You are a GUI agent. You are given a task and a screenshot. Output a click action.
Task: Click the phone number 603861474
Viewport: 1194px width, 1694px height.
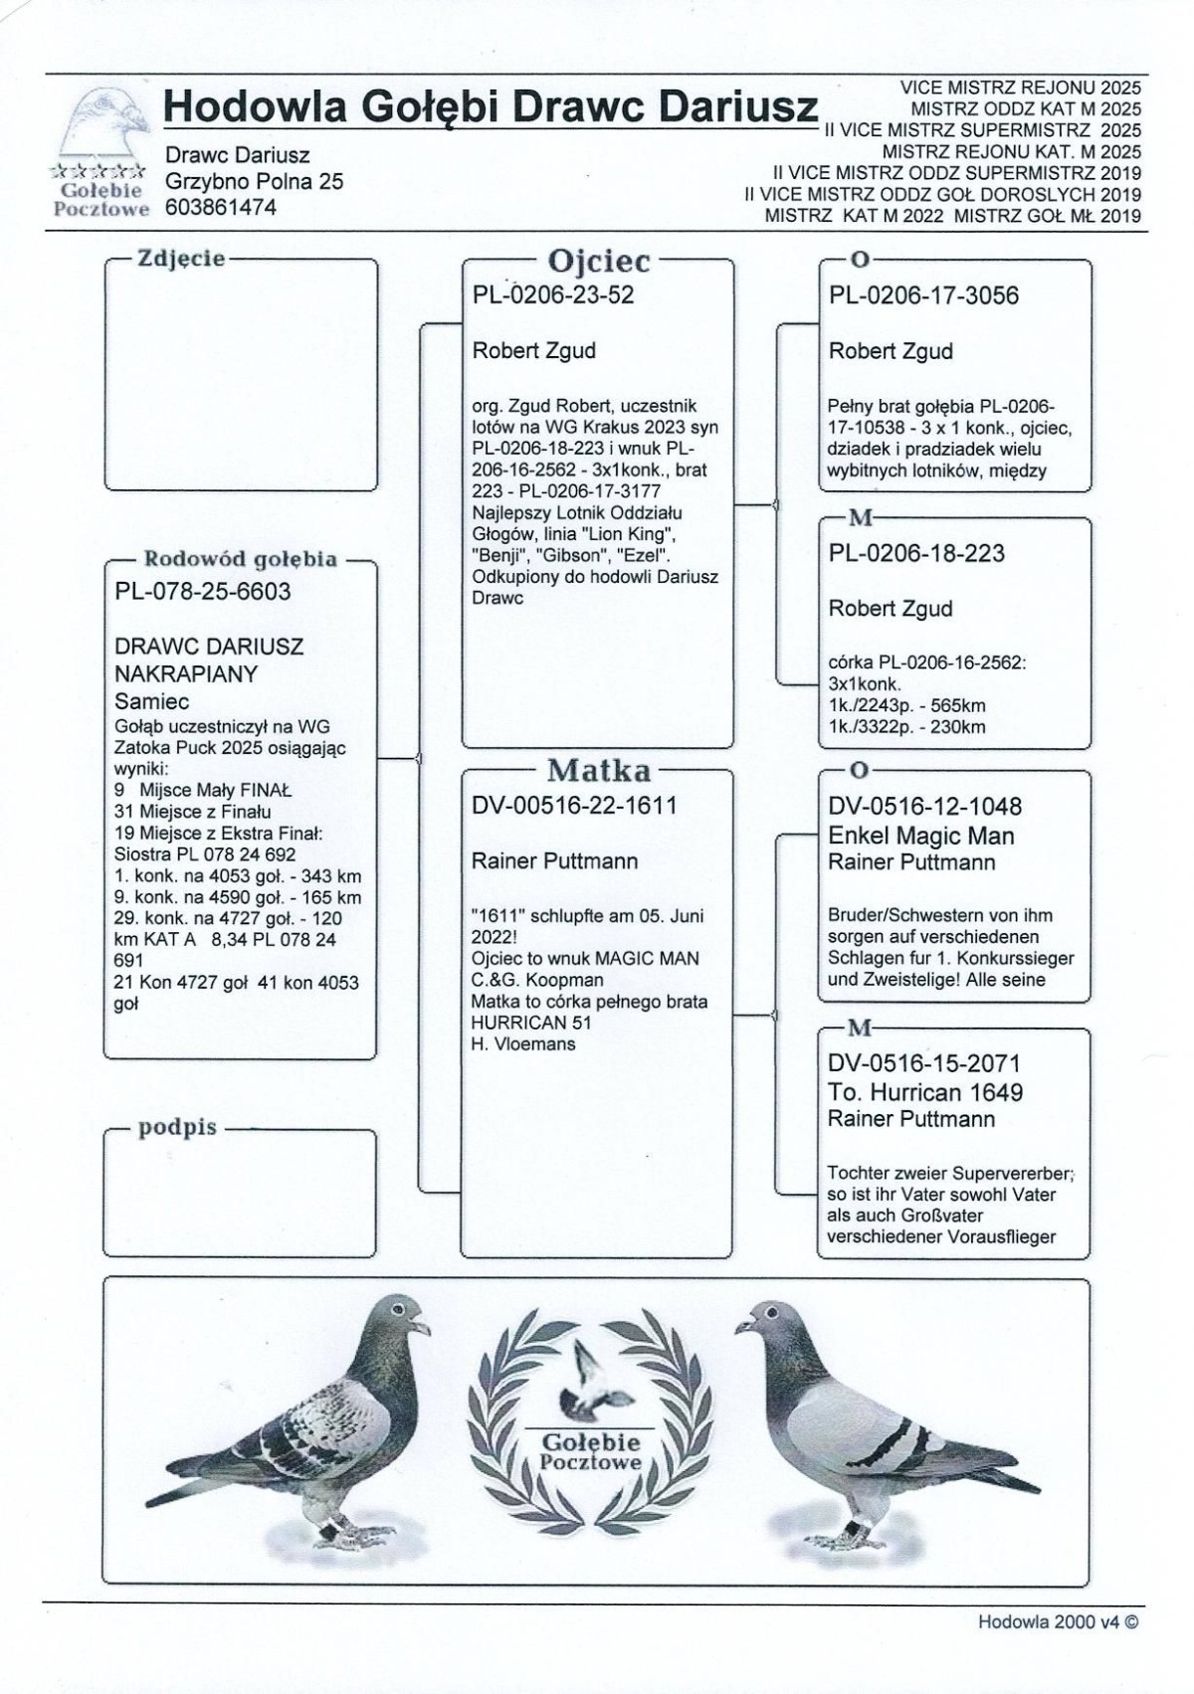(221, 208)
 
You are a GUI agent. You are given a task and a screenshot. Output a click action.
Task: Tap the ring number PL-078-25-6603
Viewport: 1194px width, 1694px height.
(203, 592)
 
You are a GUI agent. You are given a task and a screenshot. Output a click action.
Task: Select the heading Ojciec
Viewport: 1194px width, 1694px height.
(598, 262)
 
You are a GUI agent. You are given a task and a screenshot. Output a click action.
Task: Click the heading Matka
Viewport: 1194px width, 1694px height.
(598, 770)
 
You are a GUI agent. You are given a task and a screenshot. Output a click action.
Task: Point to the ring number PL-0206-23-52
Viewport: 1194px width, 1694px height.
(552, 295)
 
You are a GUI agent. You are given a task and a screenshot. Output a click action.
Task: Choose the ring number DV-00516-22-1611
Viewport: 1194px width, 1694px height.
(574, 807)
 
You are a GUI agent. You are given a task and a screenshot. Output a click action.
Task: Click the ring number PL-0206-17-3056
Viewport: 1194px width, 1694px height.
(923, 295)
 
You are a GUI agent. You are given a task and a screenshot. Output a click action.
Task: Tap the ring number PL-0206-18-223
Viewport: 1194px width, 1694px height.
(916, 553)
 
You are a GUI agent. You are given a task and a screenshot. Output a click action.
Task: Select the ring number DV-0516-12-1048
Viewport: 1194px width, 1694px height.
(924, 807)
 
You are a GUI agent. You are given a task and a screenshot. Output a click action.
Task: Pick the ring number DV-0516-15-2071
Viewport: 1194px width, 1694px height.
(924, 1064)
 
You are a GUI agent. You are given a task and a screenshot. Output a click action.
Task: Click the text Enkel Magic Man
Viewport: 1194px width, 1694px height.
(920, 836)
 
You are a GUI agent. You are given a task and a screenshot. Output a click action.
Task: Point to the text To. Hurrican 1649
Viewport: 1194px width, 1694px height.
(925, 1092)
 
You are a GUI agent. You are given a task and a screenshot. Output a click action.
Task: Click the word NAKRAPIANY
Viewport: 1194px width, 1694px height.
(186, 674)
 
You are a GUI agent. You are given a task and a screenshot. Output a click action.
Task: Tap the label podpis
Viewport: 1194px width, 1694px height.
(177, 1128)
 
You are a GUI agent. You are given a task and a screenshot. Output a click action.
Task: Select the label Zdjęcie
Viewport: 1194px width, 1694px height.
(181, 260)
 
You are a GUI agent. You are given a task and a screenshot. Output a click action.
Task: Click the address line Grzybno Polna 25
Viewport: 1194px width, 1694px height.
(254, 182)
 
